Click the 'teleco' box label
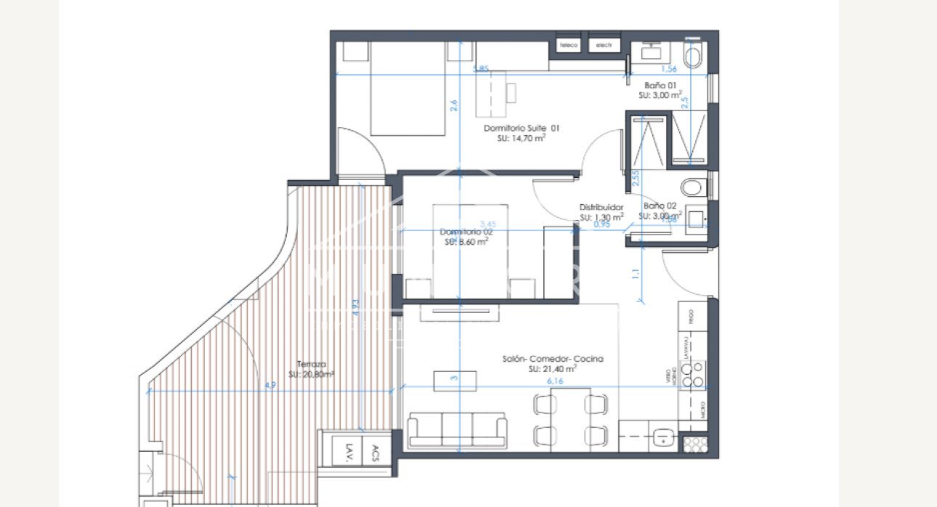(x=569, y=45)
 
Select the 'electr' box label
(x=604, y=45)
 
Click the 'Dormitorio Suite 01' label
(x=522, y=128)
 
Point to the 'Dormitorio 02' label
(x=466, y=232)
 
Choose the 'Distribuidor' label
(x=601, y=207)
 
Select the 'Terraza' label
(x=311, y=365)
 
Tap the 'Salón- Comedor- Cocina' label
(x=553, y=359)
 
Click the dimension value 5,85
(x=481, y=69)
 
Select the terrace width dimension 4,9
(x=270, y=385)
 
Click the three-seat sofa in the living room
(x=458, y=430)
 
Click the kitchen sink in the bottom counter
(x=662, y=438)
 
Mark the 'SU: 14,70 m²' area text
(x=522, y=138)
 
